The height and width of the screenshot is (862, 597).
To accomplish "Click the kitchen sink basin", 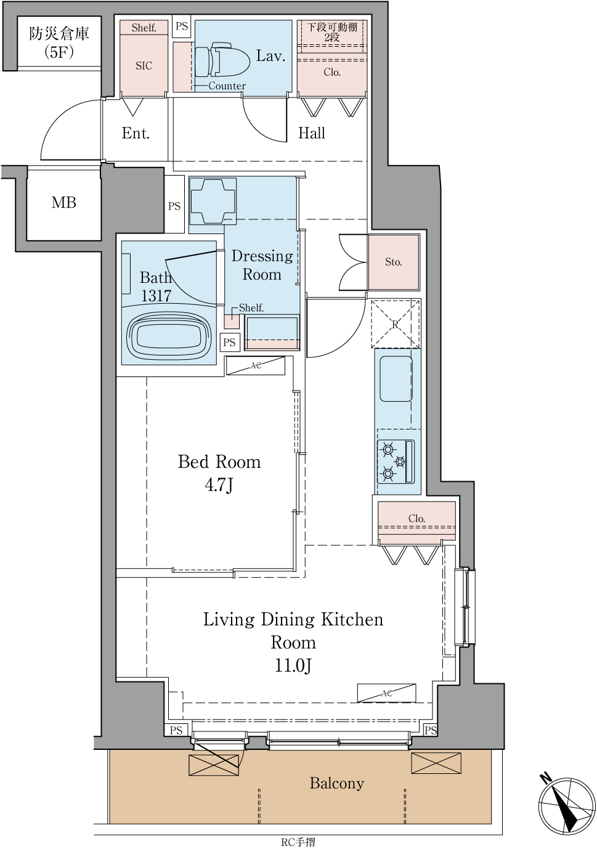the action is (396, 379).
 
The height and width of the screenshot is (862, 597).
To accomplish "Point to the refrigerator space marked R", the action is (396, 324).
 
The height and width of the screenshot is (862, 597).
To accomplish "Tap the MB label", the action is (64, 203).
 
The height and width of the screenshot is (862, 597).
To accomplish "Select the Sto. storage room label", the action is (394, 262).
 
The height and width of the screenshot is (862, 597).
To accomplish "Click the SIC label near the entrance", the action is (144, 66).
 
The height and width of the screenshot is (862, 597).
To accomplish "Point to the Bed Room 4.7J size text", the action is (219, 485).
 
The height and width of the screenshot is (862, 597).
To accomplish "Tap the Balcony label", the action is (336, 783).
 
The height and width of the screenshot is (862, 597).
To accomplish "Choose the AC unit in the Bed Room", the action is (256, 365).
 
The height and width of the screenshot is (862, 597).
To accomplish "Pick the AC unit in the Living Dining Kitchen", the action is (386, 693).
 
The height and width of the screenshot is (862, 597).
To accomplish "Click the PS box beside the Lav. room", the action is (181, 26).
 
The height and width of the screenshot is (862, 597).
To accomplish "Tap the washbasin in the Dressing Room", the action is (213, 201).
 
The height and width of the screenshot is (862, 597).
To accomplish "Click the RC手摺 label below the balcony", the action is (298, 853).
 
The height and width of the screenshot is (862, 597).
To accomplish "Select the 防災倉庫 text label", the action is (59, 34).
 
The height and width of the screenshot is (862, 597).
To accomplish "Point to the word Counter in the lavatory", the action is (227, 86).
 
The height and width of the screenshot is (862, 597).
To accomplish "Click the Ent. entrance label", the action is (136, 133).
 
